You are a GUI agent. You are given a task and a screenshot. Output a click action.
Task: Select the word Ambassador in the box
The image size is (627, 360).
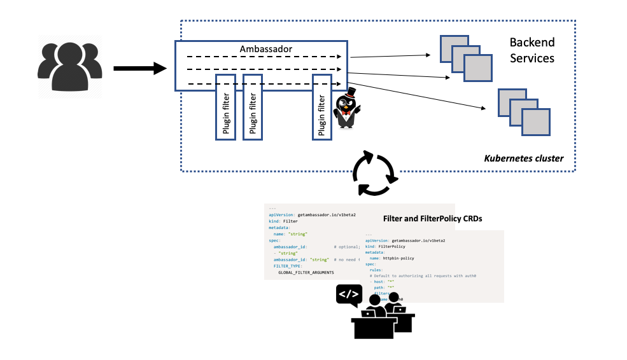(x=265, y=49)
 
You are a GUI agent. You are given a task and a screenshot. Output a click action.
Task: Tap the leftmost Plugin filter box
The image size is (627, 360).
(x=226, y=106)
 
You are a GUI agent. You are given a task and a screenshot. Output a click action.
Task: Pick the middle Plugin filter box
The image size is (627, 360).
(x=253, y=106)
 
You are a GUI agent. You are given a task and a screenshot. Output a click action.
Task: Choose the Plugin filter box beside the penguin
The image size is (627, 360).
(x=322, y=106)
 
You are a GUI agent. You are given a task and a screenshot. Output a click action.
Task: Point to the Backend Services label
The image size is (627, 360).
(x=532, y=50)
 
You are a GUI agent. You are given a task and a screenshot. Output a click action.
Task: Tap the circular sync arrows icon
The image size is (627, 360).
(x=376, y=172)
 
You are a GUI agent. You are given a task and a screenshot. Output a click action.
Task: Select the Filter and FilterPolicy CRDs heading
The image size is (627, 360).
(x=432, y=218)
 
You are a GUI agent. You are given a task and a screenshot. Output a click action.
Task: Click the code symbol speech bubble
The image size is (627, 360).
(x=349, y=294)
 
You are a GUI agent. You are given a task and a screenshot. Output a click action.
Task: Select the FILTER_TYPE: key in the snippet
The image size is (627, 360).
(x=288, y=266)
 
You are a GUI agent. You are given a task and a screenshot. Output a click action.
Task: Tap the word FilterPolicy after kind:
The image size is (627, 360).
(x=392, y=247)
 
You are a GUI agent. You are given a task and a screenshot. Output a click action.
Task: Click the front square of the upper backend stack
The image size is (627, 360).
(x=478, y=68)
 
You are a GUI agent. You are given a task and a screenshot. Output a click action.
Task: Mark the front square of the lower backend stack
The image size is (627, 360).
(x=535, y=121)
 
